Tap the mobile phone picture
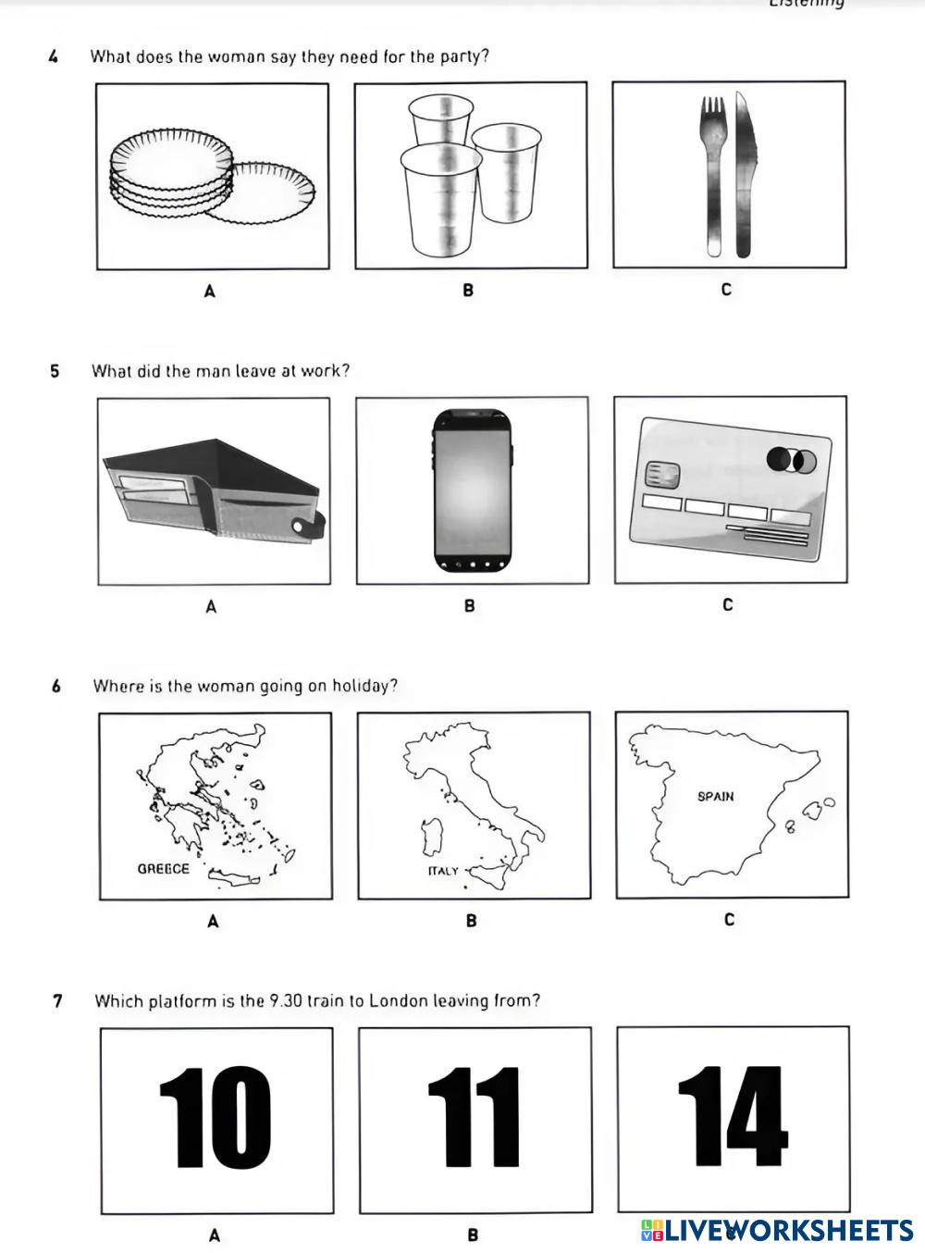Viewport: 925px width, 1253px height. (x=472, y=490)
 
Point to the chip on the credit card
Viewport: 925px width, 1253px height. (x=663, y=475)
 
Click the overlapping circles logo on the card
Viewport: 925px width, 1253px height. (x=791, y=460)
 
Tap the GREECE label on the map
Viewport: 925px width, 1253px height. (x=163, y=869)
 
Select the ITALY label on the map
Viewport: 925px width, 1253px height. (x=443, y=871)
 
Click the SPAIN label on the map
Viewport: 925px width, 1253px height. (x=715, y=796)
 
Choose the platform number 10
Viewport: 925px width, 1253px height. (x=216, y=1118)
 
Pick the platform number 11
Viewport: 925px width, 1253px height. (x=474, y=1118)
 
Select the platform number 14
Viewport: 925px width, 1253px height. (x=732, y=1116)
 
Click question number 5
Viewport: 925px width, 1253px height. (x=55, y=371)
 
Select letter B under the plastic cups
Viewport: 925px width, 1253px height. (x=468, y=291)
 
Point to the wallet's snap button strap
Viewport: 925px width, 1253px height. (x=309, y=527)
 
